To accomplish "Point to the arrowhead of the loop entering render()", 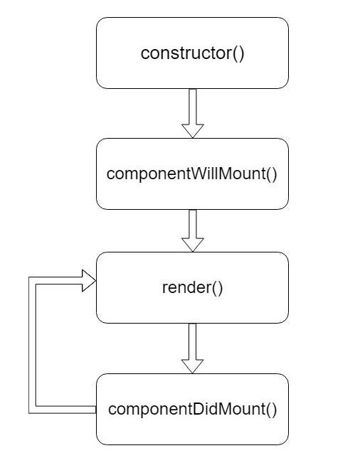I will tap(88, 279).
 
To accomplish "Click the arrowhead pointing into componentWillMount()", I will tap(193, 130).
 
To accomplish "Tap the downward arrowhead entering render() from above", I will tap(193, 244).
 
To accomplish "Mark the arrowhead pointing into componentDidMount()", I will tap(193, 365).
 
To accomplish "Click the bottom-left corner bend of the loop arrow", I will tap(32, 409).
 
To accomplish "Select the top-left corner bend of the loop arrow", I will tap(32, 279).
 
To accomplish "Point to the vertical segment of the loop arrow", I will tap(32, 345).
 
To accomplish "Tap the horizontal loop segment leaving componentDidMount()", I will tap(64, 409).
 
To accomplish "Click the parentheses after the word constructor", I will tap(237, 53).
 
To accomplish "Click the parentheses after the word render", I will tap(217, 288).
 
